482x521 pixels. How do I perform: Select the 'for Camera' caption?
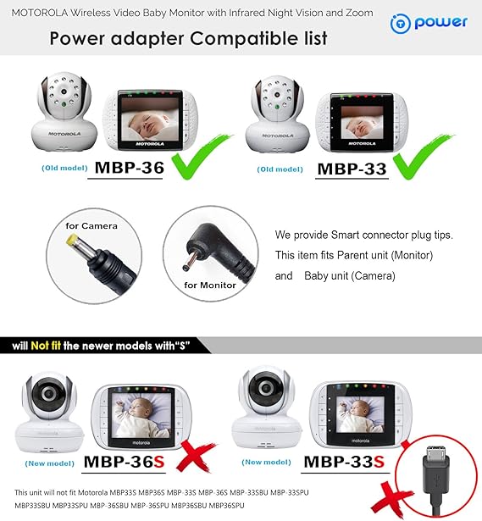[x=91, y=225]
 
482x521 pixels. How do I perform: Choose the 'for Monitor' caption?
[x=206, y=285]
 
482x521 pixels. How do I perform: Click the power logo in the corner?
[x=429, y=23]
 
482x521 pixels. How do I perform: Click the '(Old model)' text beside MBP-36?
[x=64, y=168]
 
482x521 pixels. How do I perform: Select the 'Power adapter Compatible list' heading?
[x=188, y=39]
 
